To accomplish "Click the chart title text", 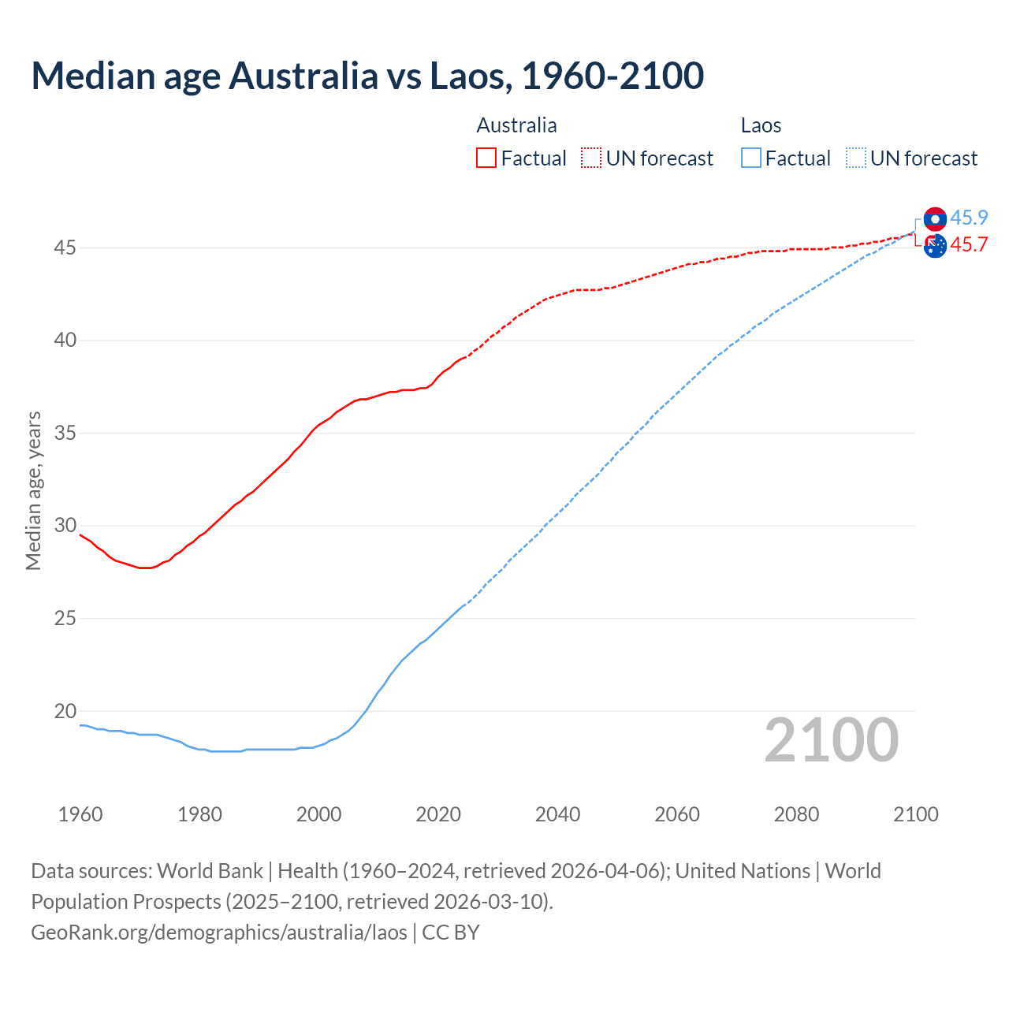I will click(367, 76).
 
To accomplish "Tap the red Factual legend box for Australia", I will click(486, 158).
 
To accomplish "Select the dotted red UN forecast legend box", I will click(591, 158).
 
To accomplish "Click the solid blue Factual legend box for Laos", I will click(751, 158).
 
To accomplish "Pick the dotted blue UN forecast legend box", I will click(855, 158).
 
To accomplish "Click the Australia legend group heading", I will click(516, 125).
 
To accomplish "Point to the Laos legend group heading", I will click(761, 125).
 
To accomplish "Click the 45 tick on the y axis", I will click(65, 248).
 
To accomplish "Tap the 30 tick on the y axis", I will click(65, 526).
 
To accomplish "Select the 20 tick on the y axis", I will click(65, 711).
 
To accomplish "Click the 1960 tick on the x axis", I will click(80, 814).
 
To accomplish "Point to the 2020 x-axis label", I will click(438, 814).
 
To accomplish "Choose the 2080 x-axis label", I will click(796, 814).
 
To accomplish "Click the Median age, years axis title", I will click(33, 490).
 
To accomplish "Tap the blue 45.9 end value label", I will click(969, 218).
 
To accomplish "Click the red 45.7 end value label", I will click(969, 245).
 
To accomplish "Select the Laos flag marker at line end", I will click(935, 219).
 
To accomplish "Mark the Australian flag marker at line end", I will click(935, 246).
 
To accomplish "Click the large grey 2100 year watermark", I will click(832, 739).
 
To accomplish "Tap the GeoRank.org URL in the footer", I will click(218, 932).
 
